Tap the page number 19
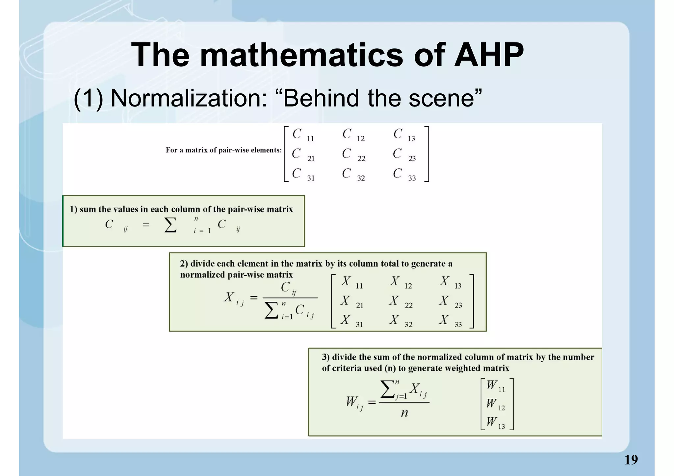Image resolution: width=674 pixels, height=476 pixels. tap(631, 460)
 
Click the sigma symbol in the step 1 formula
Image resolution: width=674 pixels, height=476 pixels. tap(170, 225)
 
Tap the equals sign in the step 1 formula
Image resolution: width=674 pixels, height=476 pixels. tap(146, 225)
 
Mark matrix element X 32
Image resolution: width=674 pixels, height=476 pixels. tap(400, 321)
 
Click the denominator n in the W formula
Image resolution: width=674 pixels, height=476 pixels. tap(404, 413)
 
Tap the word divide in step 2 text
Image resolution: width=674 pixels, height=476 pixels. tap(202, 264)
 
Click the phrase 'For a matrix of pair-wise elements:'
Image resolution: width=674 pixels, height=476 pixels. tap(223, 150)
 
